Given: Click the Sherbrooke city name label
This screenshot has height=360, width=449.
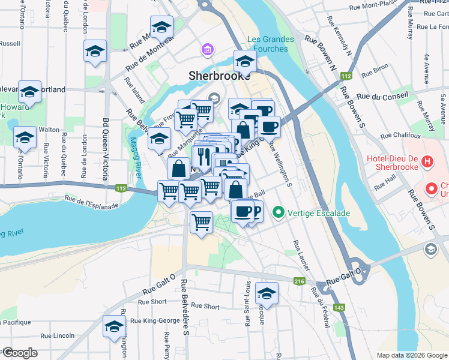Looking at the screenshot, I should pyautogui.click(x=215, y=76).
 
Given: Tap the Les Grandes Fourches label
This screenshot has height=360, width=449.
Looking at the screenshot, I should pyautogui.click(x=271, y=44).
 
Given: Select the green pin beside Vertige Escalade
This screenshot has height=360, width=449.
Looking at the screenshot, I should pyautogui.click(x=278, y=212).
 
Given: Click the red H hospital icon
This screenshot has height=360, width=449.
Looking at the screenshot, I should pyautogui.click(x=427, y=161).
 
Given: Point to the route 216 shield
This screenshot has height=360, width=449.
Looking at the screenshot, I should pyautogui.click(x=298, y=281).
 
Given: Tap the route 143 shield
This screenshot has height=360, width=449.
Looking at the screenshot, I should pyautogui.click(x=340, y=308).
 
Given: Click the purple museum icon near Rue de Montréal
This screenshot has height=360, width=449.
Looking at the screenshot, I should pyautogui.click(x=207, y=49).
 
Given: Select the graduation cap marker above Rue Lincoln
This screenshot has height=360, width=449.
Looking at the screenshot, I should pyautogui.click(x=114, y=327).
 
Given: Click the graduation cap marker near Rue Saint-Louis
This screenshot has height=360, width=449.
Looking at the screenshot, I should pyautogui.click(x=267, y=294).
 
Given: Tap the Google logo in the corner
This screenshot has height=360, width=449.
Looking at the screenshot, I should pyautogui.click(x=19, y=353).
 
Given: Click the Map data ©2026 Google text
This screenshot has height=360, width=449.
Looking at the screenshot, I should pyautogui.click(x=412, y=355).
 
